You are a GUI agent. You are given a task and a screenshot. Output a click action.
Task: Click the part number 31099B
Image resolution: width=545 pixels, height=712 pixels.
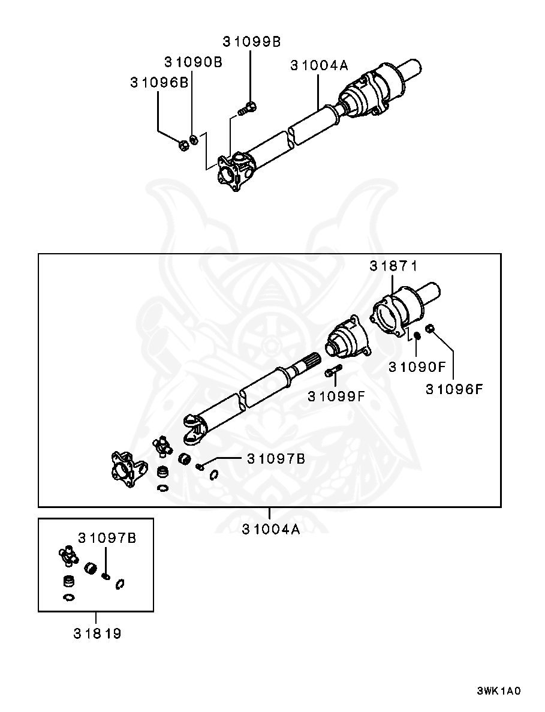(251, 42)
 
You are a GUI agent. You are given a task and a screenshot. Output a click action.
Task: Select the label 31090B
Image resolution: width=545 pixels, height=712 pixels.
(193, 62)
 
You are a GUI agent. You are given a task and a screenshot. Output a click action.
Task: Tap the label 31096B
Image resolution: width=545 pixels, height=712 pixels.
(159, 83)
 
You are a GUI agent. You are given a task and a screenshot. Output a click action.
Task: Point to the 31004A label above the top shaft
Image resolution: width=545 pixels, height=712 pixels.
(319, 65)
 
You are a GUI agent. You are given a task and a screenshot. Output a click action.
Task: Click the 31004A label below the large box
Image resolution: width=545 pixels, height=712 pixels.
(271, 530)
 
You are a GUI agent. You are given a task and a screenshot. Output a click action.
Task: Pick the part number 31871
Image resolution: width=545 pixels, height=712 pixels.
(393, 266)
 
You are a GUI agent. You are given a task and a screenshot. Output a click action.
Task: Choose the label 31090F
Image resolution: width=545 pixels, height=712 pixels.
(417, 367)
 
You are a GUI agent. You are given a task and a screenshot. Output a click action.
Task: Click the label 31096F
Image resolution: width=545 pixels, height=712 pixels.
(454, 389)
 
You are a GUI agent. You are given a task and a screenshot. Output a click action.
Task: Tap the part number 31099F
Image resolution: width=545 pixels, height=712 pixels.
(336, 396)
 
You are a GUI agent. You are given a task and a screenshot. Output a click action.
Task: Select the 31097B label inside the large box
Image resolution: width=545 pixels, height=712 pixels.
(276, 459)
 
